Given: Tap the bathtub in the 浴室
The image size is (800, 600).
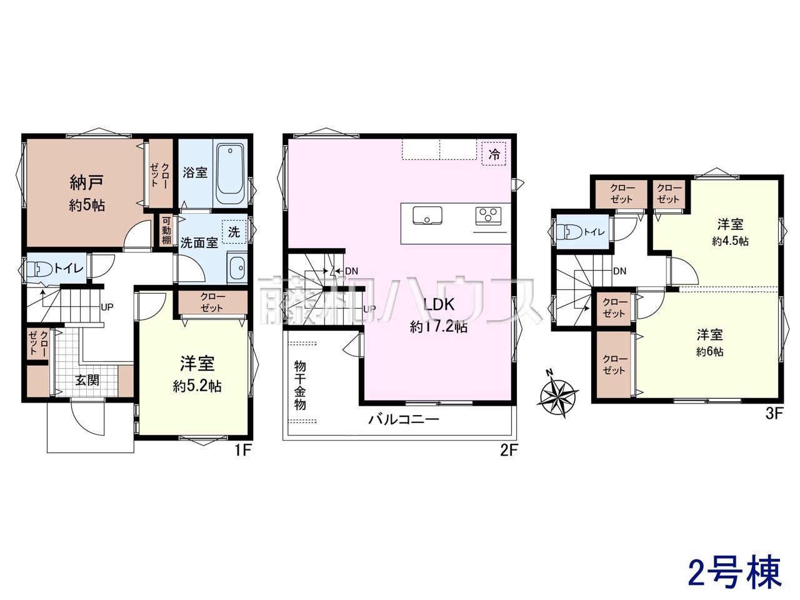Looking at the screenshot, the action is (x=230, y=174).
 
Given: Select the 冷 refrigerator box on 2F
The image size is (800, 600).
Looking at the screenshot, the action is (x=494, y=154).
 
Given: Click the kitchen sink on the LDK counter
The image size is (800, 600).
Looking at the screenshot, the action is (x=427, y=216).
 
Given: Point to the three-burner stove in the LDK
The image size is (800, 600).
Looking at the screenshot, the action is (x=488, y=216).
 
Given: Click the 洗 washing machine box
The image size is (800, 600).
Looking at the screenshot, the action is (x=234, y=232).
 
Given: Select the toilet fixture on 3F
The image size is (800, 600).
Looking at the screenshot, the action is (x=569, y=231).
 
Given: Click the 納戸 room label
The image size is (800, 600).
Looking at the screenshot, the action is (x=86, y=182).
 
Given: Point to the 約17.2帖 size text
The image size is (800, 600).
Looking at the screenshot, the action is (x=439, y=327).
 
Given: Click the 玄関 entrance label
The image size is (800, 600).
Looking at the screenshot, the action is (x=87, y=381).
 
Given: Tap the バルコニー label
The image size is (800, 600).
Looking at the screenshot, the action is (x=404, y=419).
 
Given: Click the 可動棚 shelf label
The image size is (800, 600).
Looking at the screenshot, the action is (x=166, y=230).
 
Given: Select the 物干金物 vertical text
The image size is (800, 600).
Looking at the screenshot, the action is (x=300, y=385).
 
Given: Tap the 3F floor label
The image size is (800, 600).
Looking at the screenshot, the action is (x=774, y=414).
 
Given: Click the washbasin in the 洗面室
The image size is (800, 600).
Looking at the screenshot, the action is (x=237, y=267).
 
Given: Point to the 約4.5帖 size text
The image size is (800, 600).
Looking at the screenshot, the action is (x=730, y=241).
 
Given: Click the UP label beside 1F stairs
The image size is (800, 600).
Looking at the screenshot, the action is (x=107, y=307).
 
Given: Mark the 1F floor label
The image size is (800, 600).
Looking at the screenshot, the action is (x=242, y=451).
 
